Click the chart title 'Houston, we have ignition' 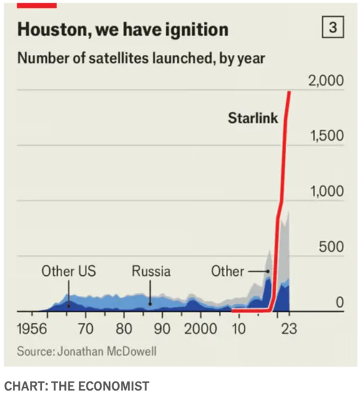point(122,29)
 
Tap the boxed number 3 point(332,28)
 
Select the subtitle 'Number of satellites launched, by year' point(141,58)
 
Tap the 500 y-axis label point(331,247)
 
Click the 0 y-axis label point(339,302)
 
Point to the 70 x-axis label point(85,329)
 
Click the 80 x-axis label point(124,329)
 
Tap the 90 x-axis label point(162,329)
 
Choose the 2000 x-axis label point(200,329)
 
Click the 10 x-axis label point(238,329)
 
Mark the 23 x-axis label point(289,329)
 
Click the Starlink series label point(253,118)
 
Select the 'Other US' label point(69,271)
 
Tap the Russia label point(151,271)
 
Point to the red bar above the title point(37,5)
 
